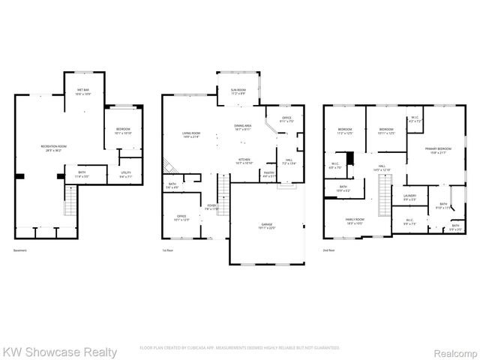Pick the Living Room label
[x=191, y=135]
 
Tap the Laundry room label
[x=410, y=197]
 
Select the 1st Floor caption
[x=168, y=250]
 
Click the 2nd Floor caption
[x=328, y=250]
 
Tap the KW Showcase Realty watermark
[x=59, y=352]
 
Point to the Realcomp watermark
[x=454, y=352]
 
